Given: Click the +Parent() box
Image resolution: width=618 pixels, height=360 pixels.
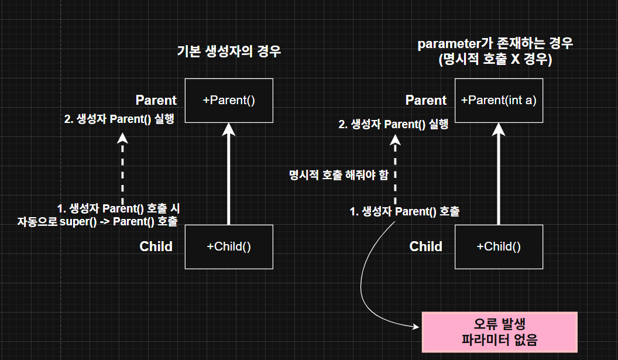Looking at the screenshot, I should tap(229, 100).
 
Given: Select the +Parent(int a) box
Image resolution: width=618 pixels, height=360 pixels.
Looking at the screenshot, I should tap(499, 100).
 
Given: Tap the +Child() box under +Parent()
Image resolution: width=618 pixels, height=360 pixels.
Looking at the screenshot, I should tap(229, 246).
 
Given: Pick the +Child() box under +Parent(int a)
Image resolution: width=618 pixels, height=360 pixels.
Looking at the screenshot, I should tap(499, 246).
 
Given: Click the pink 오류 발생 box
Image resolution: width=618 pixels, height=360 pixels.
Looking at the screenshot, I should tap(499, 332).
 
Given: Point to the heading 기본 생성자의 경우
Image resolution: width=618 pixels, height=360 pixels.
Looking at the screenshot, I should tap(229, 51).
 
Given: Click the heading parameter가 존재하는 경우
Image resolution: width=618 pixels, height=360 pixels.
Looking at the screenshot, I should tap(495, 44).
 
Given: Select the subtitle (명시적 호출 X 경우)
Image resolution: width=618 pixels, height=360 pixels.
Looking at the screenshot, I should tap(495, 60).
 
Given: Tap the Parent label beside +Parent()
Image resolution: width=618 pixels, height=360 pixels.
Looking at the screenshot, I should tap(156, 100).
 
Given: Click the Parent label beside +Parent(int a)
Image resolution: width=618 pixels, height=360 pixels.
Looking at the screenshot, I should tap(426, 100).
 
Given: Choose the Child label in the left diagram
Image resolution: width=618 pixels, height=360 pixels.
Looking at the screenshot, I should tap(156, 246).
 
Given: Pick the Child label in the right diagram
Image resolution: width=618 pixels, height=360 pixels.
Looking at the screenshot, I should tap(426, 246).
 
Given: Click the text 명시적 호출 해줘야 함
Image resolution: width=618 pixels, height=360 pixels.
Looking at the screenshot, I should tap(338, 175).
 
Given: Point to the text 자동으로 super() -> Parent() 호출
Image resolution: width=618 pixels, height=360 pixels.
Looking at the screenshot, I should tap(98, 221).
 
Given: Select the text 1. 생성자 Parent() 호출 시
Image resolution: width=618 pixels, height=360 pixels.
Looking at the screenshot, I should tap(121, 208).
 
